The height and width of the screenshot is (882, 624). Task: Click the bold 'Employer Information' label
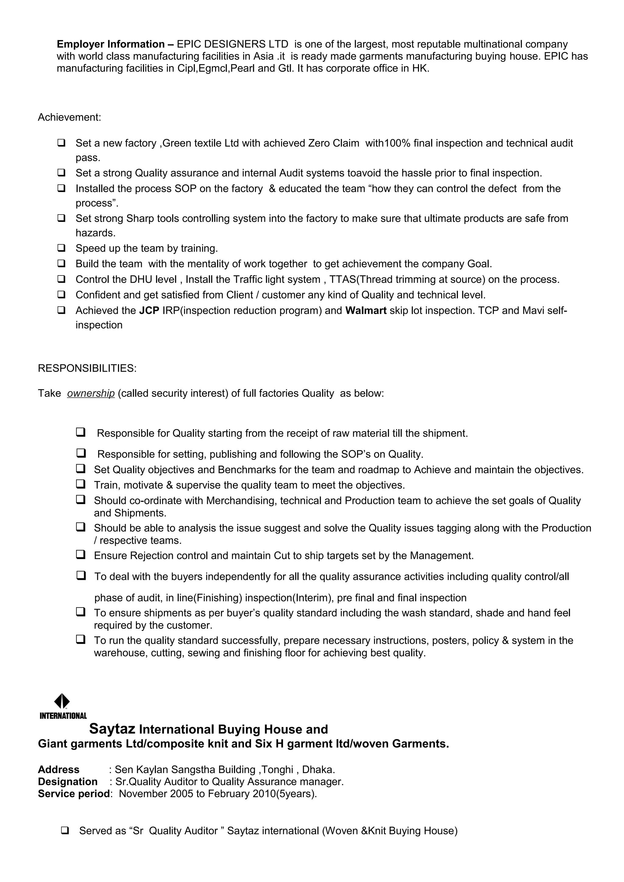[x=111, y=44]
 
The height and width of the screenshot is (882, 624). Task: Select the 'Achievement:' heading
[x=69, y=117]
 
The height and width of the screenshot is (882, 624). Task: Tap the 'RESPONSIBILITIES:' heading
[x=87, y=368]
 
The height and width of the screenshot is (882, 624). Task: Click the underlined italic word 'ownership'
[x=91, y=393]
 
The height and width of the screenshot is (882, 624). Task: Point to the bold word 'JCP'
[x=149, y=310]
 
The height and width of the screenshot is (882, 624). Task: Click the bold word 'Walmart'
[x=366, y=310]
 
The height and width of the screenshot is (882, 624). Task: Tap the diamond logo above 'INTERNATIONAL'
[x=62, y=701]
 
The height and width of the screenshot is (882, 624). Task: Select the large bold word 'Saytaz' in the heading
[x=112, y=729]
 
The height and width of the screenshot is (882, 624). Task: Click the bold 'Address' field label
[x=58, y=769]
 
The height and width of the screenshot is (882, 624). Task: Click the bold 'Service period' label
[x=74, y=794]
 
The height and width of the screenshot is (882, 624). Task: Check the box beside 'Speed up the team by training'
[x=61, y=248]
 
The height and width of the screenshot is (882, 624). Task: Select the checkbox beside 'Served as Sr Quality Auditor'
[x=65, y=831]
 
